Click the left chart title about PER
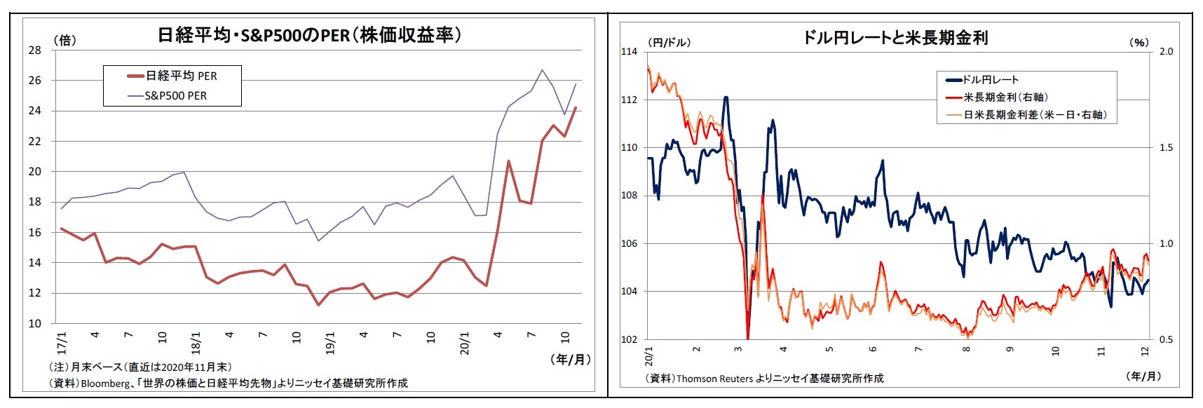tap(309, 35)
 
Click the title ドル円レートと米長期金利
tap(895, 38)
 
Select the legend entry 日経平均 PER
tap(181, 76)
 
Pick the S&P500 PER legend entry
tap(175, 96)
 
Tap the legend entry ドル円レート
tap(990, 80)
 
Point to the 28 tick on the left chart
tap(35, 50)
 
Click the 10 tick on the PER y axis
tap(35, 324)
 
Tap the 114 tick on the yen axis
tap(629, 52)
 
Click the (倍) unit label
tap(65, 40)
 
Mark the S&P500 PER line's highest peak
tap(542, 70)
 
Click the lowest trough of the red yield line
tap(748, 338)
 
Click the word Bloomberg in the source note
tap(105, 383)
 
